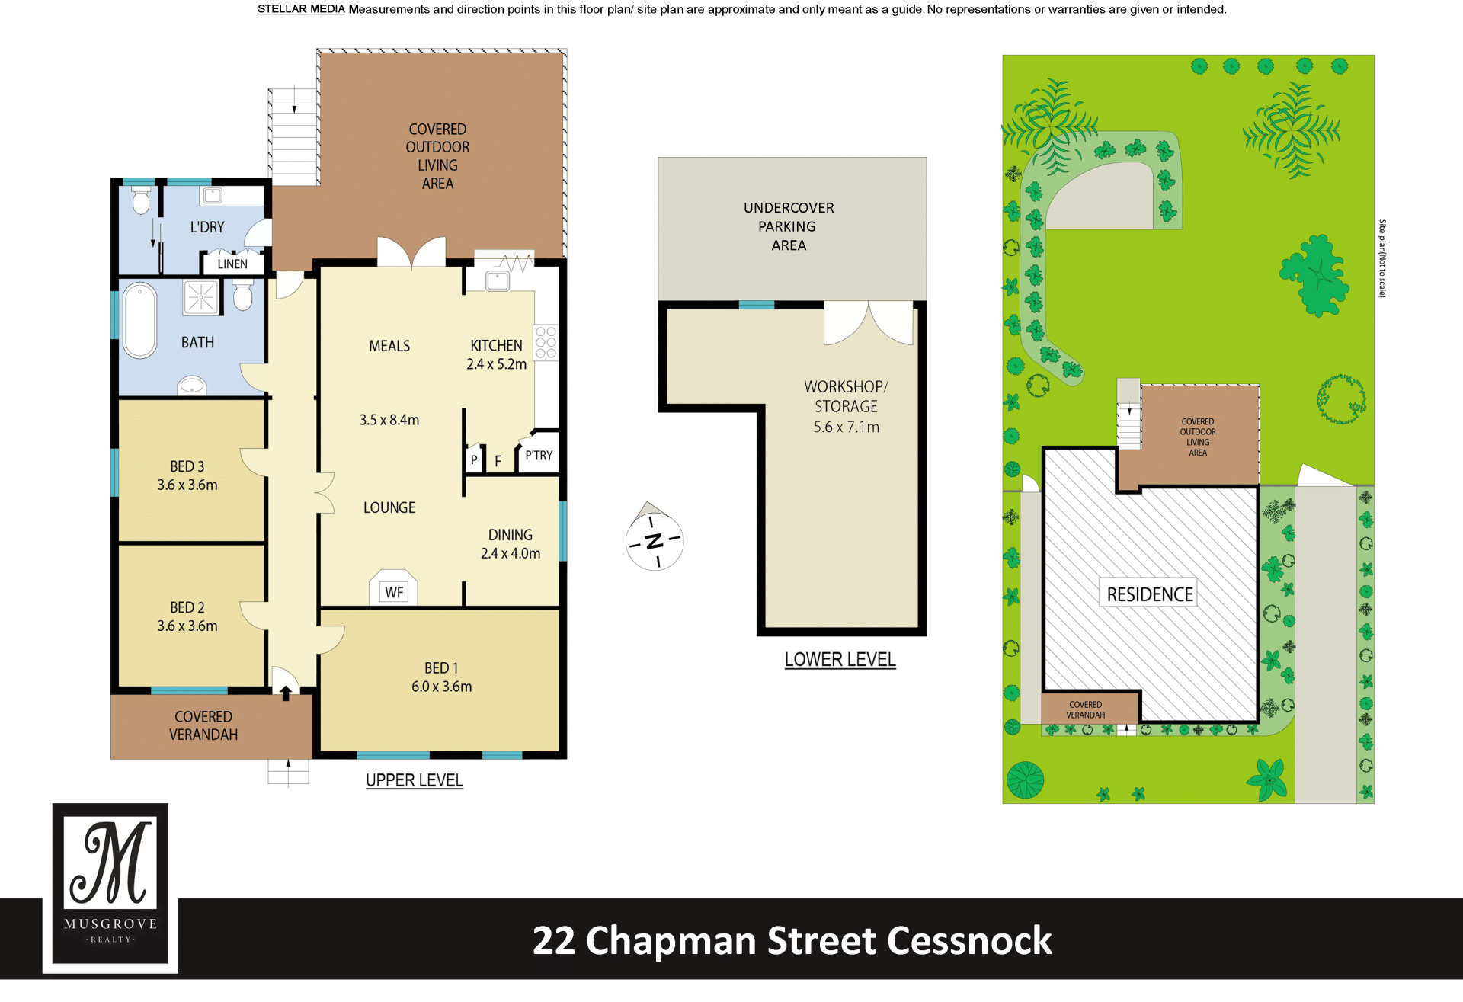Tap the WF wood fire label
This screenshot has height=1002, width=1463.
[x=394, y=592]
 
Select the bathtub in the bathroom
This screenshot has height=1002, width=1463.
[x=140, y=320]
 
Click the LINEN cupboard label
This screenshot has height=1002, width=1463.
[x=232, y=264]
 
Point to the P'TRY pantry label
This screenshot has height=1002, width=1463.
[x=539, y=455]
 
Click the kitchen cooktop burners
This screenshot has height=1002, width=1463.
[x=546, y=342]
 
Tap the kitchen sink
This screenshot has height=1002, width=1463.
[x=498, y=280]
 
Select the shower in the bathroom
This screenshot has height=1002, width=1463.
[x=201, y=296]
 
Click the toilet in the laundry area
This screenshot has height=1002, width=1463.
[x=141, y=201]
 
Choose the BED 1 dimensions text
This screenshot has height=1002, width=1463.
[x=442, y=687]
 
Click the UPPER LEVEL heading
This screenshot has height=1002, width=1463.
[x=415, y=780]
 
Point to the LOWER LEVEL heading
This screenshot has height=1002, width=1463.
[x=840, y=659]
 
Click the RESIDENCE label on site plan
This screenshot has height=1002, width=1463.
[x=1150, y=594]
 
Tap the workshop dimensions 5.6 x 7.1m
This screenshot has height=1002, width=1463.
[x=847, y=427]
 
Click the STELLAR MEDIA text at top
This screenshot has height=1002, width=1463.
[x=301, y=9]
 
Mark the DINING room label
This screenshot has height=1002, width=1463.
[x=511, y=535]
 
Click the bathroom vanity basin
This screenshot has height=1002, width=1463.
[x=192, y=386]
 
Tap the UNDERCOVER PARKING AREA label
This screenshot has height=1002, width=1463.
[x=789, y=226]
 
